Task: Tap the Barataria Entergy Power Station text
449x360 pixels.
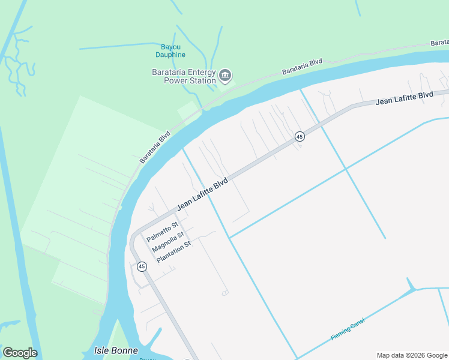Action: [184, 76]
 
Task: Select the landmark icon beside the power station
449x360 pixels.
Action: [225, 75]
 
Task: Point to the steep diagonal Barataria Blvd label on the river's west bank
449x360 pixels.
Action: [155, 147]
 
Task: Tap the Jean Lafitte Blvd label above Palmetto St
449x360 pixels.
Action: [203, 194]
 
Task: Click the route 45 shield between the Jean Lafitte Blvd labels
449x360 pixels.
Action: [299, 137]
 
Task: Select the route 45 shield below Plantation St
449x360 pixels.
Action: [142, 266]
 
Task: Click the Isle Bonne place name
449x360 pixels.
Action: [116, 350]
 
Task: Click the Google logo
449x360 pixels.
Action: [20, 353]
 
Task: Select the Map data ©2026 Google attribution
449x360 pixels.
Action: [412, 355]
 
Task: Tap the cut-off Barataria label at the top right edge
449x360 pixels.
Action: [440, 43]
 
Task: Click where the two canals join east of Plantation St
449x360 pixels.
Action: [229, 238]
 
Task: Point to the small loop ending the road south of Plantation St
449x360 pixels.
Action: [225, 293]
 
